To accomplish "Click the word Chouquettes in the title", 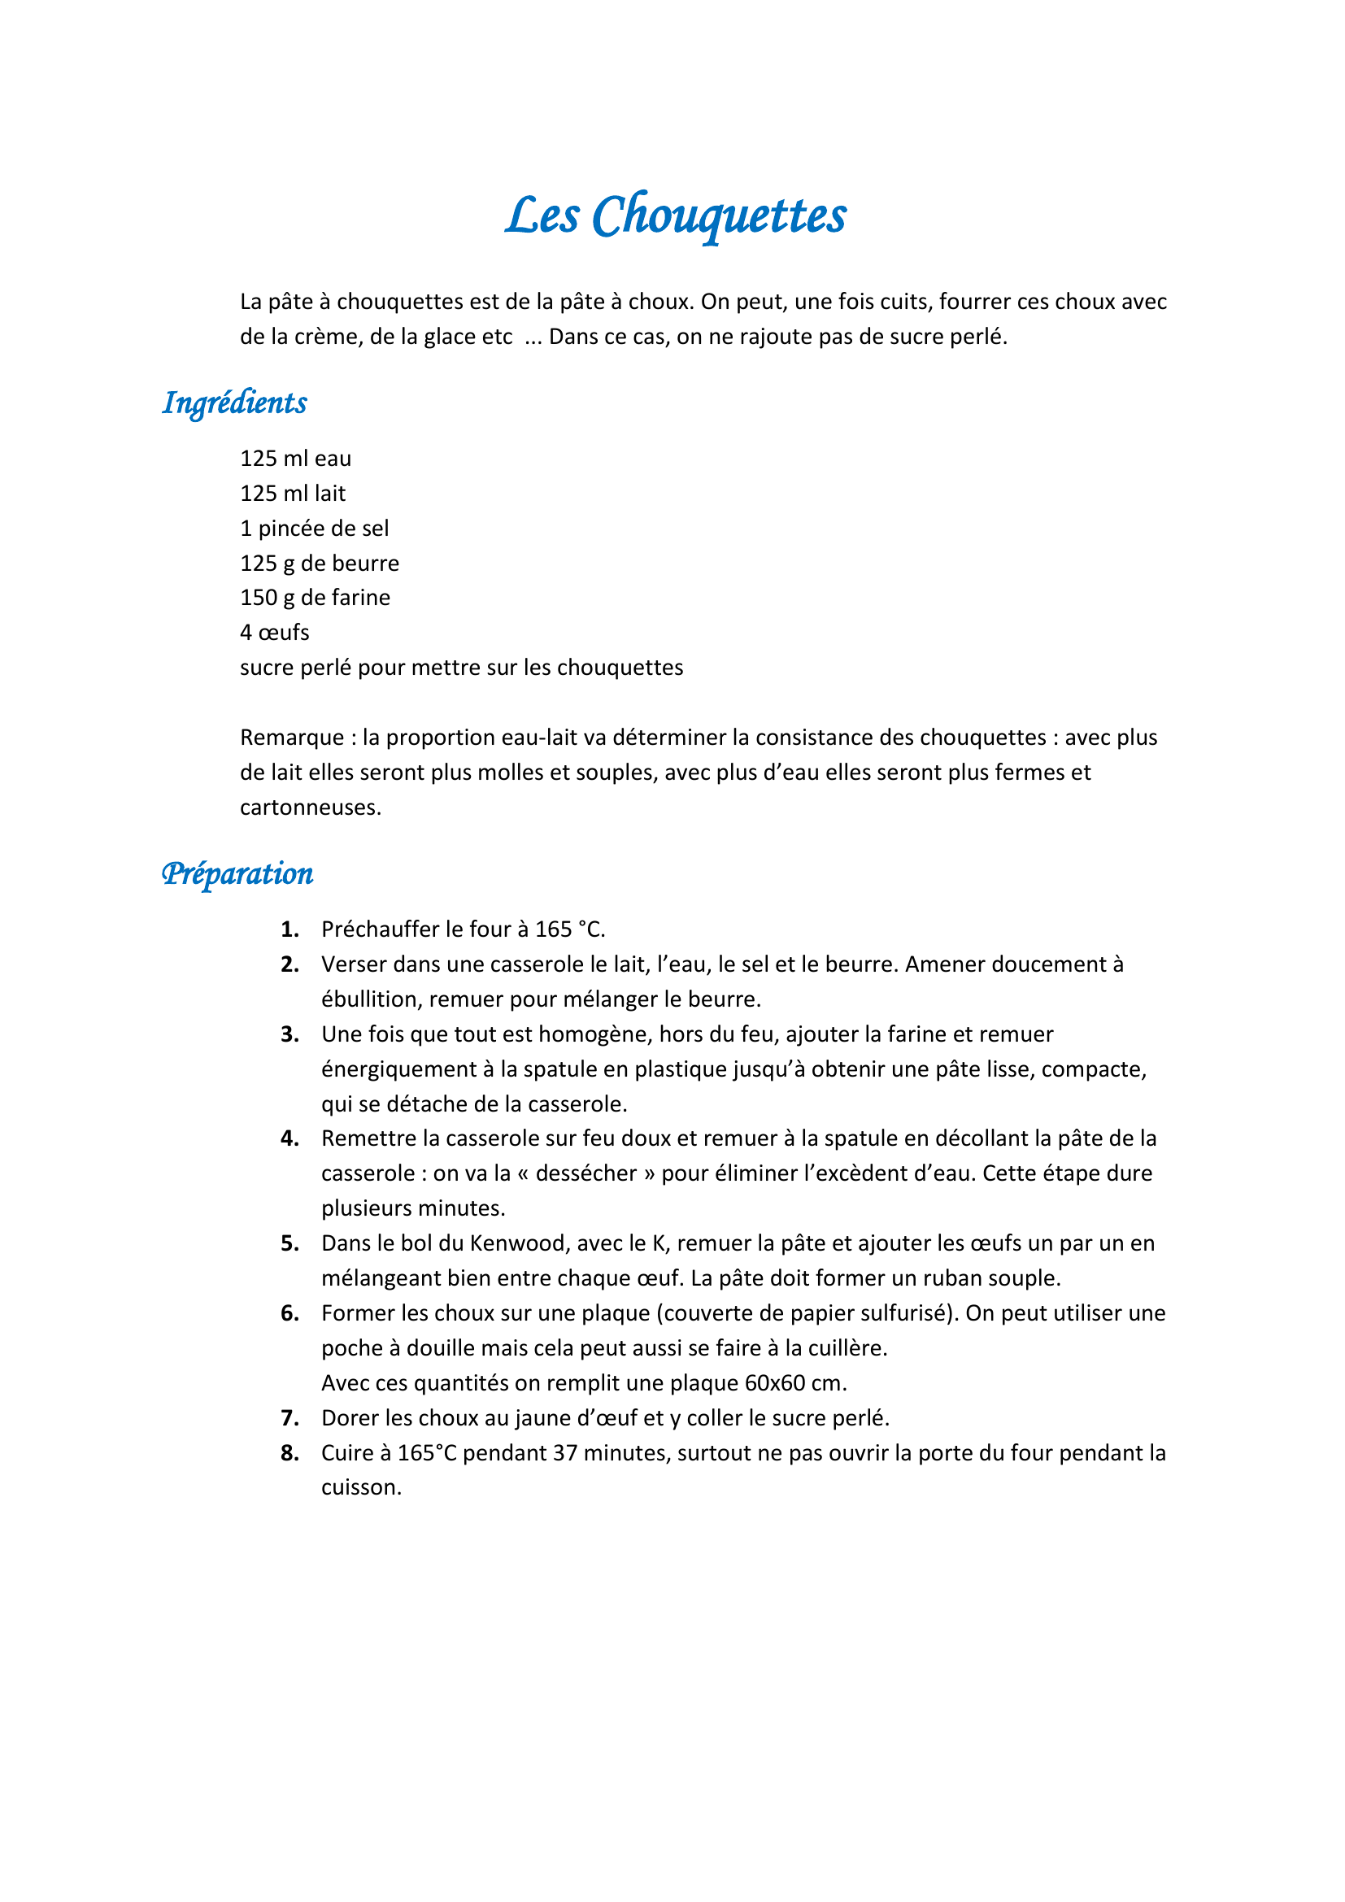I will pos(719,216).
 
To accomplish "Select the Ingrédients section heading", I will pos(234,403).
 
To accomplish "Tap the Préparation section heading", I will pos(237,874).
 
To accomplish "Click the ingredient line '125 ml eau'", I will pos(296,459).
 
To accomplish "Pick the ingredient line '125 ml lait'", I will pos(293,494).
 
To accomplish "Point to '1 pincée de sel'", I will pos(314,529).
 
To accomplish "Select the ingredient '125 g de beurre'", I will pos(319,564).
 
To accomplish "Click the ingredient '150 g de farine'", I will pos(315,598).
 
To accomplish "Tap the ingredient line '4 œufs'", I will pos(274,633).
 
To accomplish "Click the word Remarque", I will pos(292,738).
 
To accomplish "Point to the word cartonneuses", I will pos(310,807).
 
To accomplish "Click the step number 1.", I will pos(289,929).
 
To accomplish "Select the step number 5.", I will pos(289,1243).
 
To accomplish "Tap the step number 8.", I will pos(289,1453).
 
